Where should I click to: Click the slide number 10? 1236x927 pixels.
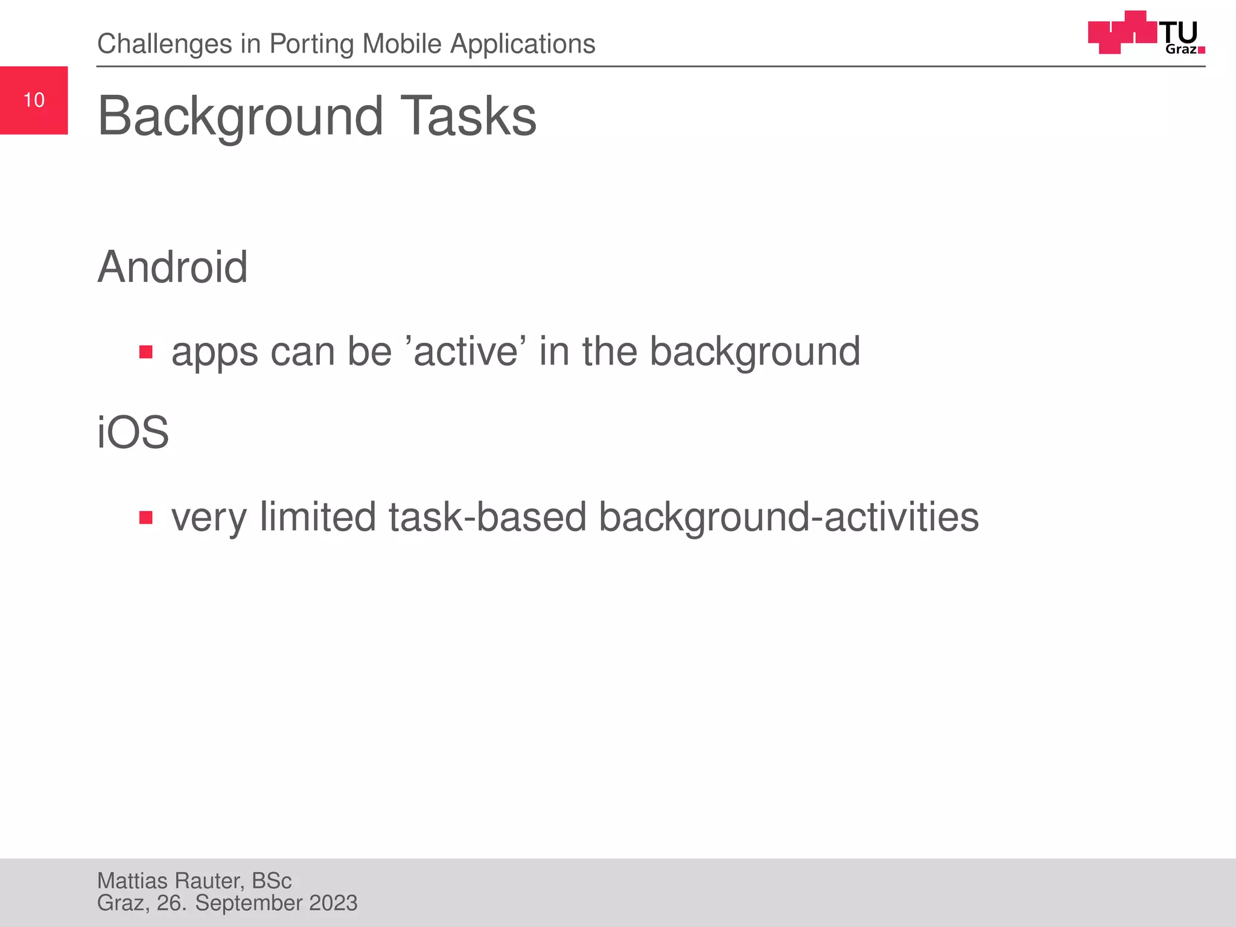34,100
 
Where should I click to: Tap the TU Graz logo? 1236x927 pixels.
1146,33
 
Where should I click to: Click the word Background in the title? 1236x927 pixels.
240,116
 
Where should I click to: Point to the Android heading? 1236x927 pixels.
173,267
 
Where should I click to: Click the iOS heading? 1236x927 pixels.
133,432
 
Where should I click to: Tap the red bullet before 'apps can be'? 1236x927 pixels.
145,352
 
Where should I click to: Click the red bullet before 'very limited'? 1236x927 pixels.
145,517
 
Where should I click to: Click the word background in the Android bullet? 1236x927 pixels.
754,352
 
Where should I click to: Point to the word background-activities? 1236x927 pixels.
788,518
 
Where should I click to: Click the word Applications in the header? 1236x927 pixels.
523,45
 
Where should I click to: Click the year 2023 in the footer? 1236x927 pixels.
333,903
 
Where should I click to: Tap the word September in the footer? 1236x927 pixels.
249,903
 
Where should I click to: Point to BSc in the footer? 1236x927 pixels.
272,881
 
